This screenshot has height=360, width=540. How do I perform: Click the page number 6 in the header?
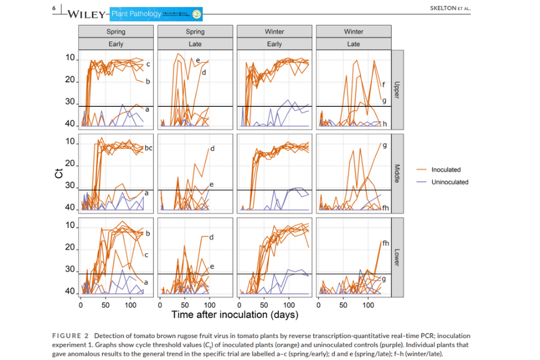(54, 8)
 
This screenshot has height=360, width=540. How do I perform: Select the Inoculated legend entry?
(446, 170)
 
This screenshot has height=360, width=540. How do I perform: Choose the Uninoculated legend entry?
(449, 182)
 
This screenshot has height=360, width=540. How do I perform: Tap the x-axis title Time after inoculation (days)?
(235, 314)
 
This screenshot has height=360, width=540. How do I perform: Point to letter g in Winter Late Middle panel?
(384, 145)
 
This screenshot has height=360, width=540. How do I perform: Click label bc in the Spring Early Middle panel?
(149, 147)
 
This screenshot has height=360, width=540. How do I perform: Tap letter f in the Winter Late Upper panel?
(383, 85)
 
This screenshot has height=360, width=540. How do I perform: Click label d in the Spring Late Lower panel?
(212, 238)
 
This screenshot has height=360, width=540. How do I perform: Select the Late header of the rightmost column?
(353, 44)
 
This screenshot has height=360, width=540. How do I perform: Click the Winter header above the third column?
(274, 31)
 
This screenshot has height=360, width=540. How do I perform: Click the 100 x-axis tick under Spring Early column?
(131, 305)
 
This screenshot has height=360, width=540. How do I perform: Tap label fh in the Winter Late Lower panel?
(386, 243)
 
